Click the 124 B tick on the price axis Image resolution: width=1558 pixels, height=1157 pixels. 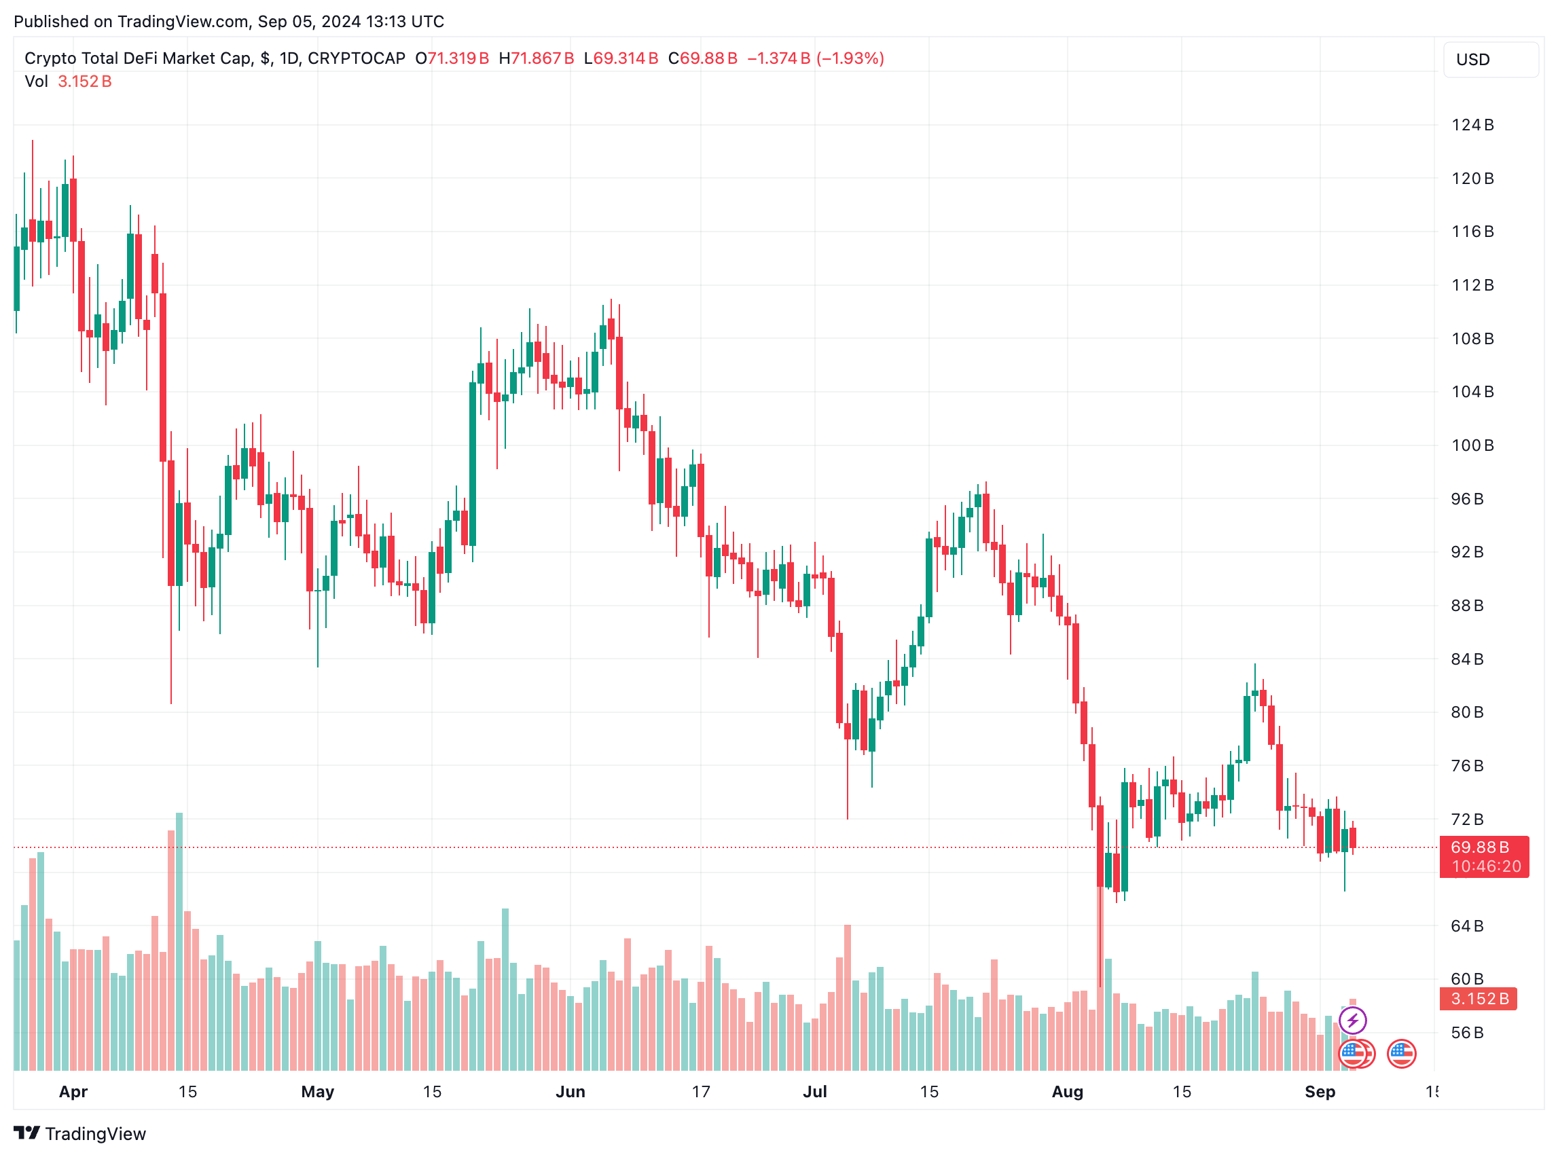(1472, 126)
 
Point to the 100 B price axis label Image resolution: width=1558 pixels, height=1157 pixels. (1472, 445)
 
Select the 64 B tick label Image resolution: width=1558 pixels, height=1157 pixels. (1467, 926)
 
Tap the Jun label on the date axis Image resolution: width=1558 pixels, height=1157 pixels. (570, 1091)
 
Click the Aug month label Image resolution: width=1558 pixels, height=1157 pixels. (1067, 1091)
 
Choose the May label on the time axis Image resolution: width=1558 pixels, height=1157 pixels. (317, 1091)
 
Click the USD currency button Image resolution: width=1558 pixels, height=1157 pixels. (1490, 60)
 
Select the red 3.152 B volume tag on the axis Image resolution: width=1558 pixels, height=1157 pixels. (1478, 999)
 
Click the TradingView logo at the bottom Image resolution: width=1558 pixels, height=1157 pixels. (80, 1133)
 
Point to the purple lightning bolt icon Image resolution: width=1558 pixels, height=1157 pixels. (1352, 1020)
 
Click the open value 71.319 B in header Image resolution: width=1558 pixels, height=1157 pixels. (458, 58)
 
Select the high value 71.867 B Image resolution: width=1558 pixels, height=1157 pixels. (542, 58)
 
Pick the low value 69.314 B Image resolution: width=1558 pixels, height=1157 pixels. (626, 58)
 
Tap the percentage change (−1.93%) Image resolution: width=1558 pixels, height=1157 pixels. (850, 58)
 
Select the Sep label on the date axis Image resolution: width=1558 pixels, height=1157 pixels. (1320, 1091)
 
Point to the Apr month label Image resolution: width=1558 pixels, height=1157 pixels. (73, 1091)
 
